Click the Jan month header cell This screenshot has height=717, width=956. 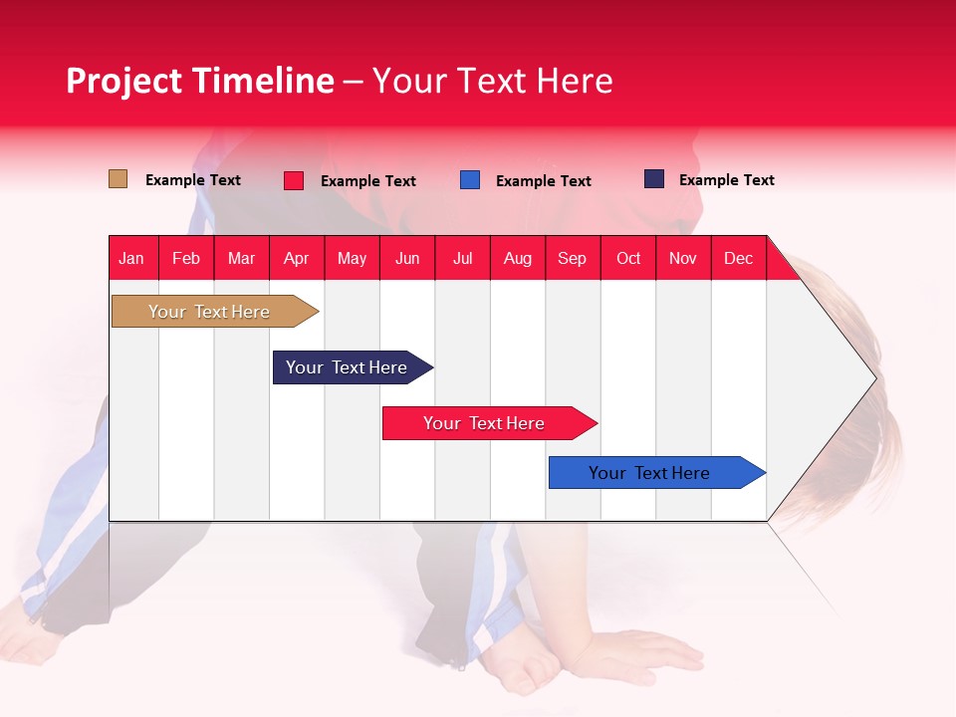132,258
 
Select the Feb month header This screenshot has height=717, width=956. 186,258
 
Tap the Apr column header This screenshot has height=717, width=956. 297,258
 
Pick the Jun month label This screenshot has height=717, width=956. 407,258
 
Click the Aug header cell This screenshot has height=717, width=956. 518,258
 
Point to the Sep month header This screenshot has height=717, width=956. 573,258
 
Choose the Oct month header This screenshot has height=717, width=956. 628,258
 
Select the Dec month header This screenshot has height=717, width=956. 739,258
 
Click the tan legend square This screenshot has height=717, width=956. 119,179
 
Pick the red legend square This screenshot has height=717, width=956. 294,180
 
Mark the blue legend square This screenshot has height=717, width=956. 470,180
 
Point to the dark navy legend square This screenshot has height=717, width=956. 654,179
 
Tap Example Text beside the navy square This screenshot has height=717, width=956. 726,180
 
